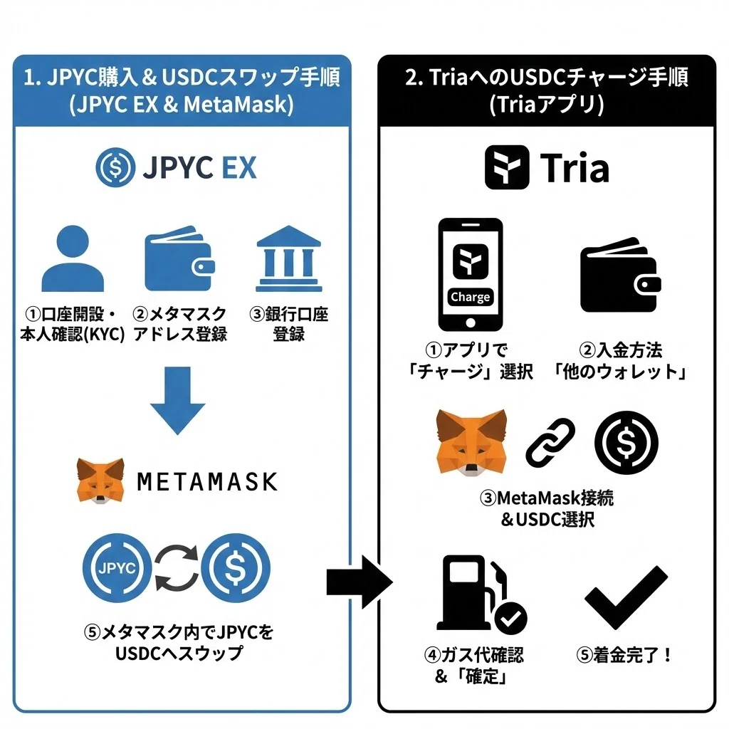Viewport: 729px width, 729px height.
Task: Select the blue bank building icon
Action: [x=289, y=258]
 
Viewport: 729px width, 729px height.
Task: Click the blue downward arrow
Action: [x=177, y=401]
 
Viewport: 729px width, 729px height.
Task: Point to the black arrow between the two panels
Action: [x=360, y=582]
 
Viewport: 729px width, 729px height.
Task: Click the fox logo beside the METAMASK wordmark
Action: [x=100, y=481]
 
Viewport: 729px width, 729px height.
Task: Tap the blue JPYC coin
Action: [x=117, y=567]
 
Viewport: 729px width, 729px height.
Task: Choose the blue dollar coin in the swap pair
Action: [x=235, y=567]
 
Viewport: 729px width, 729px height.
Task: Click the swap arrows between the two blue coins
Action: [x=177, y=567]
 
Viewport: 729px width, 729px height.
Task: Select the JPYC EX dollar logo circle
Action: [x=115, y=167]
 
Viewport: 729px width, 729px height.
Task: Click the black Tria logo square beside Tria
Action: [x=507, y=167]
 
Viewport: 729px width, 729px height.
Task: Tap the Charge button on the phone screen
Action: [x=470, y=297]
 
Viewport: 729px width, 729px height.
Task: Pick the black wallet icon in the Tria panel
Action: [x=620, y=276]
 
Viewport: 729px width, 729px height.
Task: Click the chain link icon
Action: [x=550, y=443]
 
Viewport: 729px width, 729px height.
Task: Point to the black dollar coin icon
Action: [x=626, y=443]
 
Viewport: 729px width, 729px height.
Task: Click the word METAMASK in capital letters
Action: [x=207, y=482]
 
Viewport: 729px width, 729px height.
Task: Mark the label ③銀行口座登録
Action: [x=289, y=324]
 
